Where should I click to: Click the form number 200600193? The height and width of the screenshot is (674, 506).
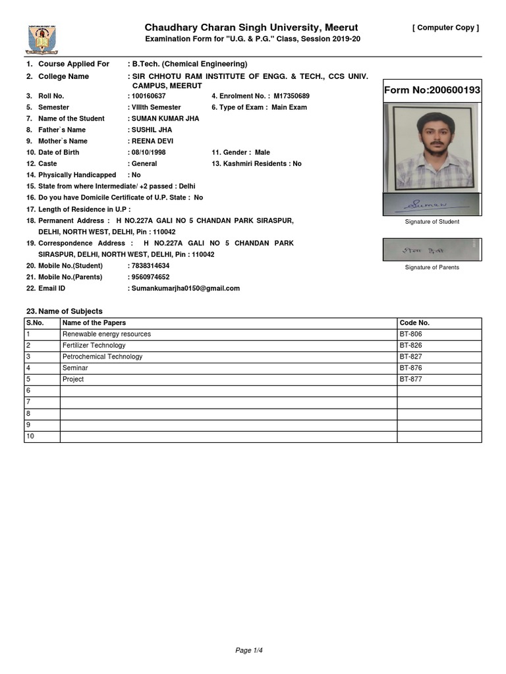(432, 90)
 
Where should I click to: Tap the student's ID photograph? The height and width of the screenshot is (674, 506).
(432, 149)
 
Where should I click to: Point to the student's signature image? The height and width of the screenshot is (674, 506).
(432, 205)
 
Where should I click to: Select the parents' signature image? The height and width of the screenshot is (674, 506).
(432, 249)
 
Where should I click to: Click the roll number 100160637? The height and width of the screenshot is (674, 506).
(148, 96)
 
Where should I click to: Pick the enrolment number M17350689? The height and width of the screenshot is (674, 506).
(291, 96)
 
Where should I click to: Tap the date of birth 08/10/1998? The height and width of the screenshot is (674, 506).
(149, 152)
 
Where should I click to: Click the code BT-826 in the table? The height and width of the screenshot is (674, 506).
(411, 346)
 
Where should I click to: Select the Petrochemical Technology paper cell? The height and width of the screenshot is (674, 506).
(102, 357)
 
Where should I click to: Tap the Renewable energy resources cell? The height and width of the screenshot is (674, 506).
(106, 334)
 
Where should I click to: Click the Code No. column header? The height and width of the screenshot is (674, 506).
(414, 323)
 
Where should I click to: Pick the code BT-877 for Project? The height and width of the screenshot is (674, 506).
(411, 380)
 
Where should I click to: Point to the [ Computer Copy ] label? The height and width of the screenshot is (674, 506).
(445, 28)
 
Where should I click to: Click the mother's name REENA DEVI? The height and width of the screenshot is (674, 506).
(153, 141)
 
